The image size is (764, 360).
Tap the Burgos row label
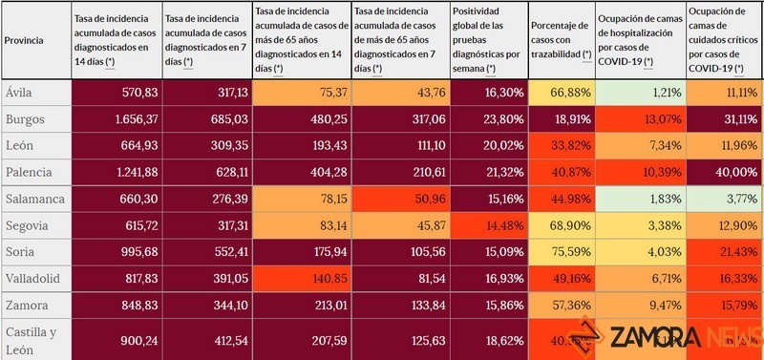click(x=25, y=121)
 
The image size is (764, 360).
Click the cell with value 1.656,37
click(x=117, y=121)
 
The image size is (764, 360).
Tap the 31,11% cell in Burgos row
click(x=724, y=121)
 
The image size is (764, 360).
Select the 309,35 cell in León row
click(x=207, y=146)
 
